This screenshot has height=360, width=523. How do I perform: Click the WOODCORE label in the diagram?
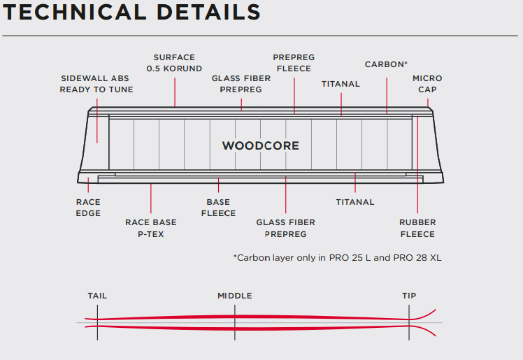point(261,145)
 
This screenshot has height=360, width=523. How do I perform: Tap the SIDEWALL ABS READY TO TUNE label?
point(96,84)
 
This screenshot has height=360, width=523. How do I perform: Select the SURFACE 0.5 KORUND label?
point(174,63)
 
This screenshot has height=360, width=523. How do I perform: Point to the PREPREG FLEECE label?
point(294,63)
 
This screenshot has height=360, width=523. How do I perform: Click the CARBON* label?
point(386,64)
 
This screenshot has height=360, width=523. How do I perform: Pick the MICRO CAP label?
point(427,84)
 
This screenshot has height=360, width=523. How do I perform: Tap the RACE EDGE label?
point(88,208)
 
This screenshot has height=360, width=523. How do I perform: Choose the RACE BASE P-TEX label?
point(151,229)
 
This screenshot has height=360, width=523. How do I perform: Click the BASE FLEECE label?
point(218,208)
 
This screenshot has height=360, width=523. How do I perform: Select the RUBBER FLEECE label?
point(417,229)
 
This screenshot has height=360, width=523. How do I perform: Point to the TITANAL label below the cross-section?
point(355,202)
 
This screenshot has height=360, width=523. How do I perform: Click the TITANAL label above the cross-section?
point(341,84)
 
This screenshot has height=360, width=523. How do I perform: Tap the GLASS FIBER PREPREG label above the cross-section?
point(241,84)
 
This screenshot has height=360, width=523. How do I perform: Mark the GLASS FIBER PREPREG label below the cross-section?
point(286,229)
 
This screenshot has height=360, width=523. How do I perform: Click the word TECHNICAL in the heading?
point(75,13)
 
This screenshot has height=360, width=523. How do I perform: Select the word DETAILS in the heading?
point(208,13)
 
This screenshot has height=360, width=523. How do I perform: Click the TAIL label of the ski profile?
point(97,296)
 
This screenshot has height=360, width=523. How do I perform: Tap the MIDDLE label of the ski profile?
point(235,296)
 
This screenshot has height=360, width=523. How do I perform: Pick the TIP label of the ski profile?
point(409,296)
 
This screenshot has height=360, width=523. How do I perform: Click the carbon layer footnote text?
point(337,258)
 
